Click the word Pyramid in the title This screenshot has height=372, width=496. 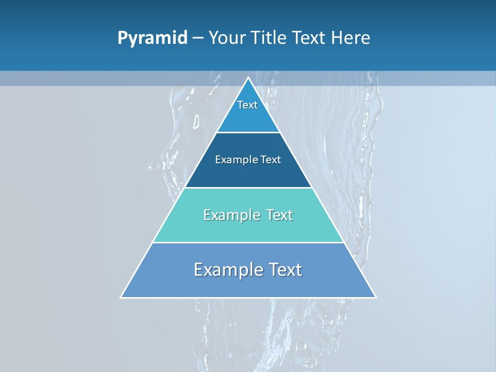pos(152,38)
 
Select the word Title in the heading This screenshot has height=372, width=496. pos(270,38)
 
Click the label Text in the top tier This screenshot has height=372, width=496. pos(247,105)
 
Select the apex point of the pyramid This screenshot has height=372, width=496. pos(249,78)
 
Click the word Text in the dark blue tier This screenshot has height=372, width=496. pos(271,160)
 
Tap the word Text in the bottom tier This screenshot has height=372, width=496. pos(282,270)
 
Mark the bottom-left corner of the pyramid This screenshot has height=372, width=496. pos(121,297)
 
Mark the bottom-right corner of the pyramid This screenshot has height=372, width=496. pos(375,297)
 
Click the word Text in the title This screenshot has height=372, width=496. pos(309,38)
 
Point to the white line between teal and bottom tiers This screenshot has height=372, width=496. pos(248,242)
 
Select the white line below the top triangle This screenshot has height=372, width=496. pos(248,133)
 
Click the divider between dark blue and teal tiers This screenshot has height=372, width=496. pos(248,188)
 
